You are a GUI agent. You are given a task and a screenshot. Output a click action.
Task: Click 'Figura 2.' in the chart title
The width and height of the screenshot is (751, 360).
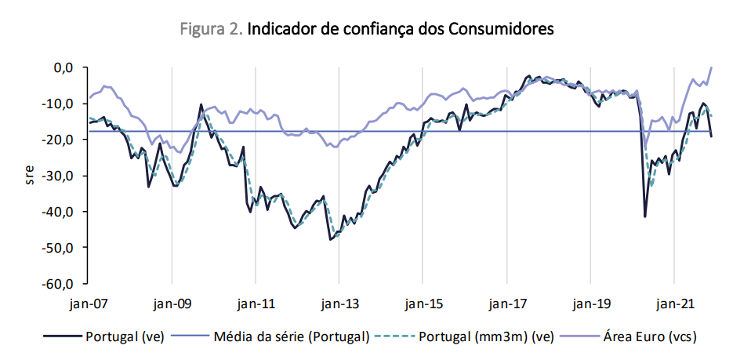pos(212,29)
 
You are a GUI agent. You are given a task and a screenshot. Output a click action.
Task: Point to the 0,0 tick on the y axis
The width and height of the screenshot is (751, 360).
pos(63,67)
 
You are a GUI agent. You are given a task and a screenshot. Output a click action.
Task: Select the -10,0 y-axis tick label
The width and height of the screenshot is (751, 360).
pos(60,104)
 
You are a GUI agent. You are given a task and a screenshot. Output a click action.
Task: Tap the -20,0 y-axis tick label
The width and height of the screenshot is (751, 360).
pos(60,140)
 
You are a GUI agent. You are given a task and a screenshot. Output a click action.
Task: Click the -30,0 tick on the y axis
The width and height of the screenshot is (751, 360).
pos(60,176)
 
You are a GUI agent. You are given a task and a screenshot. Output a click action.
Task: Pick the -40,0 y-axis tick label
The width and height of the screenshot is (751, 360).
pos(60,212)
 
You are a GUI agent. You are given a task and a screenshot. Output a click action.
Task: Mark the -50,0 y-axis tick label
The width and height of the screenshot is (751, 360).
pos(60,248)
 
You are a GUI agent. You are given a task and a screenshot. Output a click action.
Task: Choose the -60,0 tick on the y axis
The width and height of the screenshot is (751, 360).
pos(60,284)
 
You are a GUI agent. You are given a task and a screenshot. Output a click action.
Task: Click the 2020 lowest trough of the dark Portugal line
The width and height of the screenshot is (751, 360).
pos(644,216)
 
